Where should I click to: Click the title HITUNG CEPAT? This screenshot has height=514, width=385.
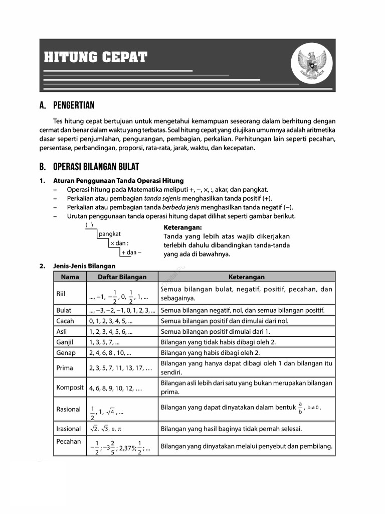(x=95, y=57)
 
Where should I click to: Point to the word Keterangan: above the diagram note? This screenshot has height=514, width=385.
(x=182, y=227)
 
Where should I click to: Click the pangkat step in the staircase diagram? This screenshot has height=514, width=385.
(x=110, y=234)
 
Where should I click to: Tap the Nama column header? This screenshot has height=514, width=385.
(x=70, y=277)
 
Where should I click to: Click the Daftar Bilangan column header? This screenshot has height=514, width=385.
(x=122, y=277)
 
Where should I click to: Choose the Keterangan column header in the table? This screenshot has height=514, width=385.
(x=246, y=277)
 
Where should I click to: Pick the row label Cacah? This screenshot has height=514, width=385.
(x=65, y=321)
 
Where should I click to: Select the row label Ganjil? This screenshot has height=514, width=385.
(x=65, y=342)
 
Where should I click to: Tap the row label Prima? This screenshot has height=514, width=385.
(x=65, y=368)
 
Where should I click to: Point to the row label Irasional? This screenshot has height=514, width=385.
(x=68, y=429)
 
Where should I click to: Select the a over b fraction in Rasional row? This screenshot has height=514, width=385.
(x=300, y=408)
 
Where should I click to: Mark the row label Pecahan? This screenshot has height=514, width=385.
(x=68, y=442)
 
